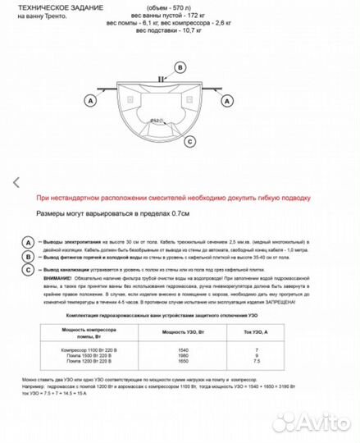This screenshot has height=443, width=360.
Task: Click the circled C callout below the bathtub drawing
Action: click(190, 141)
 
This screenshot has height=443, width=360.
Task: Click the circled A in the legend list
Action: click(29, 244)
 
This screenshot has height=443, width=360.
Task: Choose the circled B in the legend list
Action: click(29, 256)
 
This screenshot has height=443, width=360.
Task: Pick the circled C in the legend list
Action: click(29, 268)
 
